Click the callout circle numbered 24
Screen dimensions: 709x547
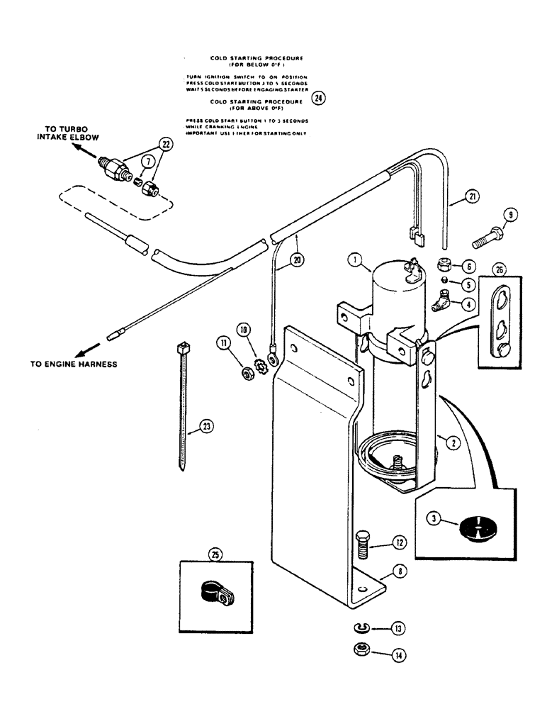click(320, 99)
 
